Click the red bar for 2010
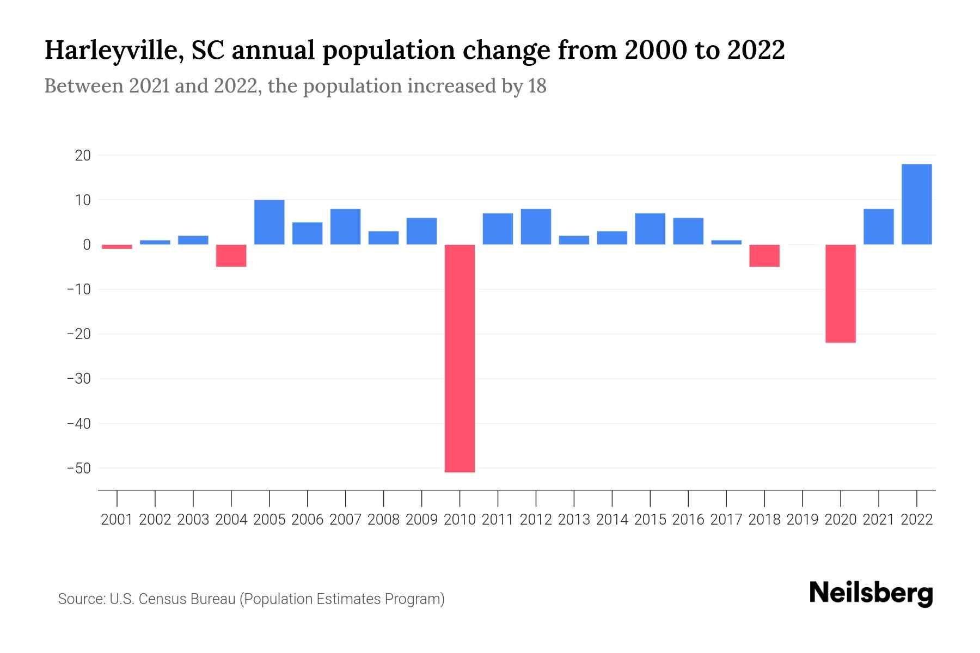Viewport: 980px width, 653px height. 460,358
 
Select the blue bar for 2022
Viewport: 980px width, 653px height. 916,204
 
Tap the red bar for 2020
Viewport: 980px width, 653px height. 840,293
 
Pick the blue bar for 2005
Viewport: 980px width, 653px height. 269,222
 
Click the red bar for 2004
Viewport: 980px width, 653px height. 231,255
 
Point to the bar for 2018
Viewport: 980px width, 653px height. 764,255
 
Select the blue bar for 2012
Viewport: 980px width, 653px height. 536,226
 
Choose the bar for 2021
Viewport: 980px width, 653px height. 878,226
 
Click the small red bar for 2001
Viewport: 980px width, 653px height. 117,247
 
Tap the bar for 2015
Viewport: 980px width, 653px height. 650,229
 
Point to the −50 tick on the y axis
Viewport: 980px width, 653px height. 78,468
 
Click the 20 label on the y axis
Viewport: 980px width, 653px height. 83,156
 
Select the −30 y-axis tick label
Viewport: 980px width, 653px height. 78,379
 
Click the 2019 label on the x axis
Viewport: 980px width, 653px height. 802,520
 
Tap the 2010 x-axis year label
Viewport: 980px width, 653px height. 460,520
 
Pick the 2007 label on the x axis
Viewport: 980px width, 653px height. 345,520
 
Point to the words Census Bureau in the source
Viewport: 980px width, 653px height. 188,599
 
